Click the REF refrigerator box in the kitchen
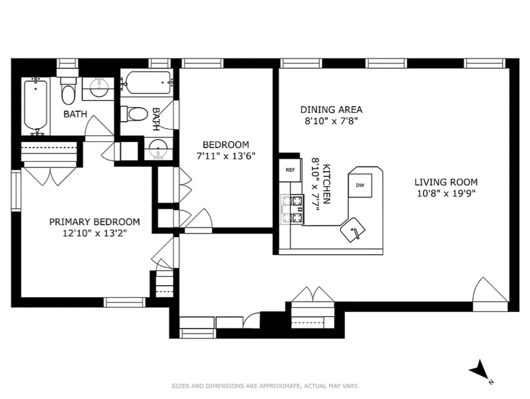290,170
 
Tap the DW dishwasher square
360,186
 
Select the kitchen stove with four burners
292,209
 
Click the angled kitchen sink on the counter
353,230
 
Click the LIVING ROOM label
446,182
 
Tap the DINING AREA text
331,110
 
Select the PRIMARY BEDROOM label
94,222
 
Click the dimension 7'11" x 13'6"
226,156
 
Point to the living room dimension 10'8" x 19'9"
446,193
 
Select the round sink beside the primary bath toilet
99,87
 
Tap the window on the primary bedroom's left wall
16,190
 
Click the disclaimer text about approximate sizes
265,386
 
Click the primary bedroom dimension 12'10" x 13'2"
95,233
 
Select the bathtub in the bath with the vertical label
148,83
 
